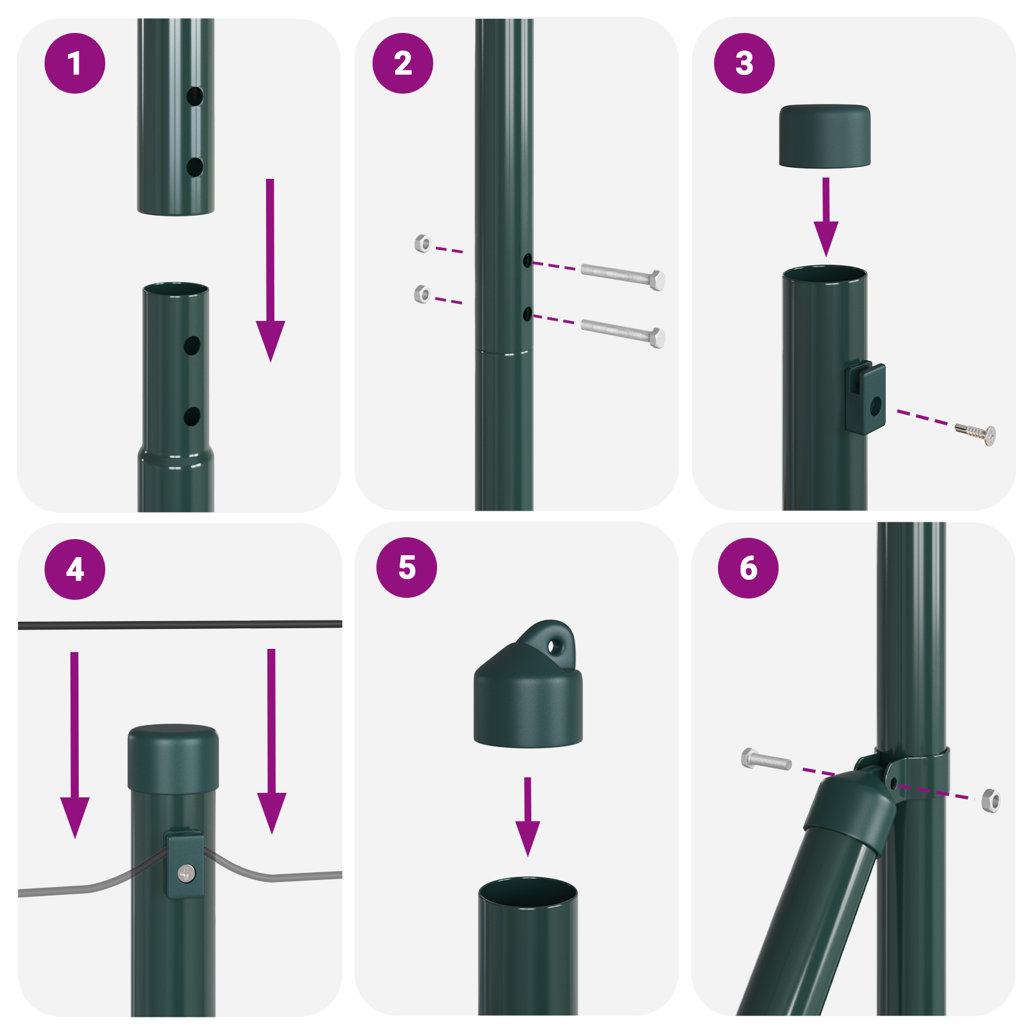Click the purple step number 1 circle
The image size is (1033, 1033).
75,63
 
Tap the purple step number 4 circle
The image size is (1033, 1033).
75,569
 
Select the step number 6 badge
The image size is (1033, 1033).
748,568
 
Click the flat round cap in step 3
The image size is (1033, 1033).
824,136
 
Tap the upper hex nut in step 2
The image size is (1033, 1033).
422,243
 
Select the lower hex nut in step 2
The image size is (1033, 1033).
422,294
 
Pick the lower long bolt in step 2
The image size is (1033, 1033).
623,332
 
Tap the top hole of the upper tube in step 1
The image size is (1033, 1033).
194,97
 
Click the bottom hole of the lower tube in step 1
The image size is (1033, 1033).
192,416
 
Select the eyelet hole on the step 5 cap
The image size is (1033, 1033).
553,646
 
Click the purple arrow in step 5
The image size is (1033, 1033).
527,817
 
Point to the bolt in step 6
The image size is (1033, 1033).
766,760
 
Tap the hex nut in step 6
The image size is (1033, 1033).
990,801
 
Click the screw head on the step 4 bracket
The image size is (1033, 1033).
187,873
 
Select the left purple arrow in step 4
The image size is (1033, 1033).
75,742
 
